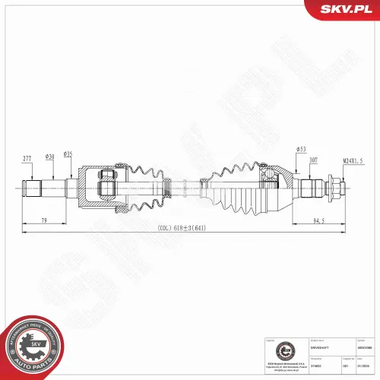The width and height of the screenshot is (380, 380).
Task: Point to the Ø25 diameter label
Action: (68, 154)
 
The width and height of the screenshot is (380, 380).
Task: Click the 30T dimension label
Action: (314, 160)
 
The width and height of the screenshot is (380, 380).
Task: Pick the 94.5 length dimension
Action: (318, 221)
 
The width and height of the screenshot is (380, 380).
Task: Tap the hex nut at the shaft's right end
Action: (334, 185)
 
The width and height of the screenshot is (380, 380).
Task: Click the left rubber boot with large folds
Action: (144, 186)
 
